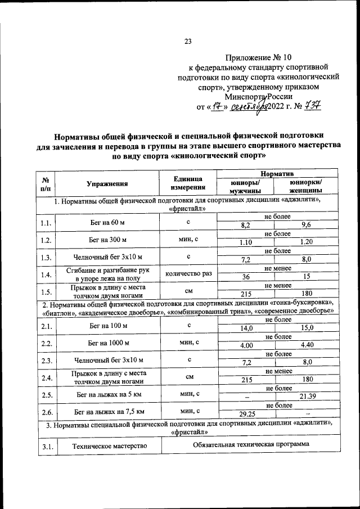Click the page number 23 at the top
pos(188,40)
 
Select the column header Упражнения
pos(107,184)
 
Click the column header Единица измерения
pos(188,183)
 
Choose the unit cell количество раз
pos(188,274)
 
